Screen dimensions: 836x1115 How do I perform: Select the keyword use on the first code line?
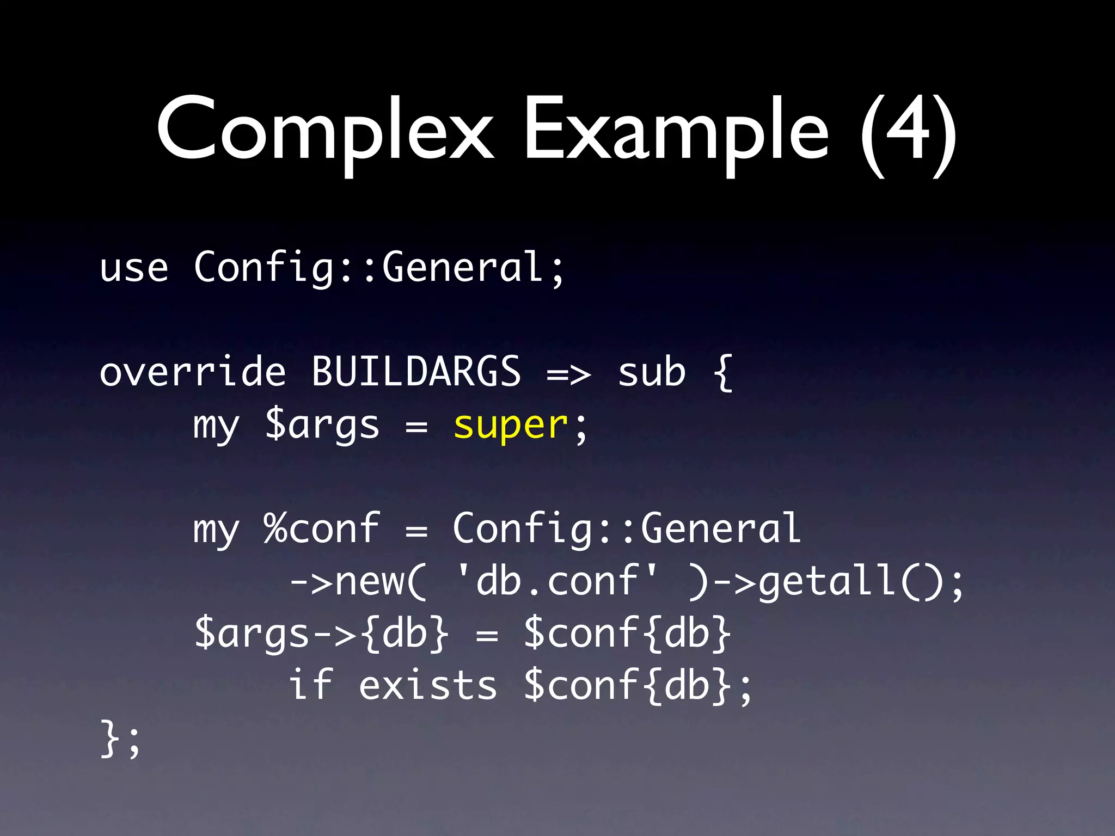coord(134,268)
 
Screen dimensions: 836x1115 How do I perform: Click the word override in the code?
coord(193,372)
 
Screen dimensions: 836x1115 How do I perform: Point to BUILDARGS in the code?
coord(416,372)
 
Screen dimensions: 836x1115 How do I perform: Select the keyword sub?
coord(652,372)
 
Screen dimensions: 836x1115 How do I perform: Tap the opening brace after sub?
coord(722,372)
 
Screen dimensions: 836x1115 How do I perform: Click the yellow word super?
coord(511,425)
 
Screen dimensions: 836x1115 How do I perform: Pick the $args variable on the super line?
coord(322,425)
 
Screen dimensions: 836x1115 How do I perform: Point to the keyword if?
coord(310,685)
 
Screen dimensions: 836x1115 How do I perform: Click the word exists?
coord(428,685)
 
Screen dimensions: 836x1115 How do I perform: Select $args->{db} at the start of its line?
coord(322,633)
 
